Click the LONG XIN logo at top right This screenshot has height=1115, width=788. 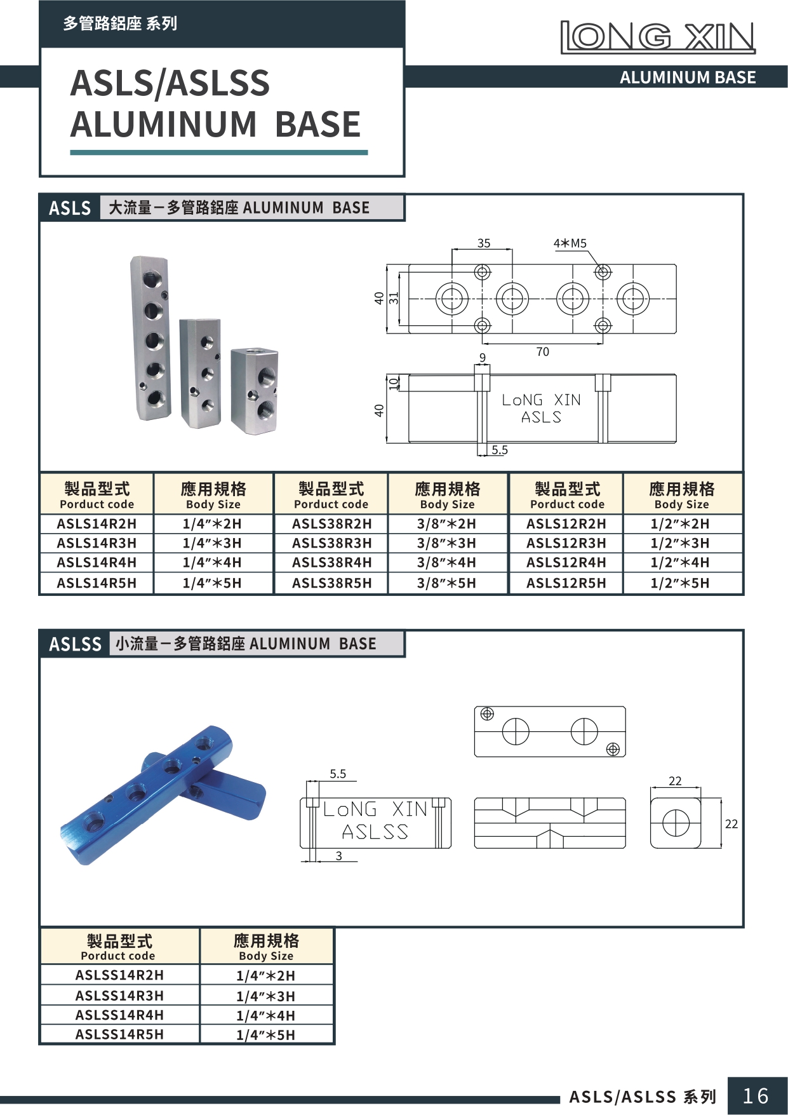click(x=658, y=37)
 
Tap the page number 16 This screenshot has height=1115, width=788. click(x=756, y=1096)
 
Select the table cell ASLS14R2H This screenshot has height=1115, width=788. click(x=97, y=524)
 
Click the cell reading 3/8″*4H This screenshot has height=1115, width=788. click(x=446, y=563)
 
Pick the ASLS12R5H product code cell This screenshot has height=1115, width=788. click(x=566, y=583)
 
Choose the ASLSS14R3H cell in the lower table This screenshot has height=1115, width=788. click(x=119, y=996)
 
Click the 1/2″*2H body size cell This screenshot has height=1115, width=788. click(x=680, y=524)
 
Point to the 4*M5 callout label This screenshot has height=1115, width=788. click(x=570, y=243)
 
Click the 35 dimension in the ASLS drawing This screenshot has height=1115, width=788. click(x=484, y=243)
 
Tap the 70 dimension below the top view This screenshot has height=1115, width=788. click(x=542, y=352)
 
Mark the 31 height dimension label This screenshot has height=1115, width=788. click(x=394, y=297)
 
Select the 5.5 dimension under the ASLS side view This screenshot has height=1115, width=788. click(x=500, y=450)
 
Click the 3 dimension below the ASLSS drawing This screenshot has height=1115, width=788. click(x=338, y=856)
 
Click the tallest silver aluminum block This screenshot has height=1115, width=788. click(x=151, y=338)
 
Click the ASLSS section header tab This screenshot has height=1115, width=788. click(x=75, y=644)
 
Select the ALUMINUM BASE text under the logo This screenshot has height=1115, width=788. click(x=687, y=78)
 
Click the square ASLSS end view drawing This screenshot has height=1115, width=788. click(x=676, y=823)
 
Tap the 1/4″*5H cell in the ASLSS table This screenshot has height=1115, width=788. click(x=265, y=1035)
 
